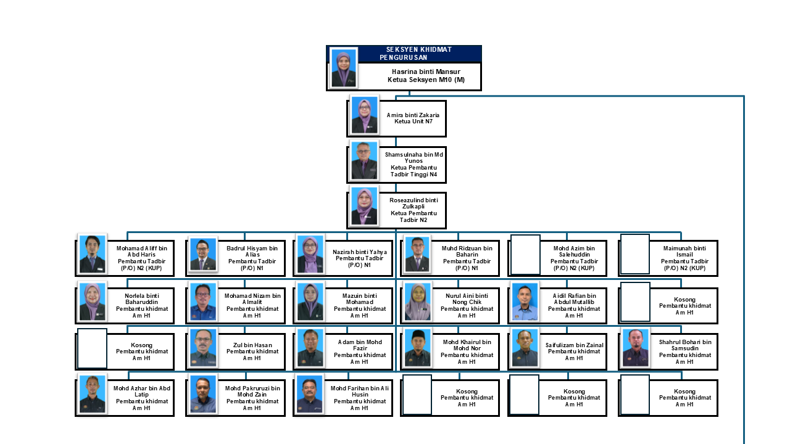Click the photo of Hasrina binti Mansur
(343, 68)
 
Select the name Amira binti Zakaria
(413, 115)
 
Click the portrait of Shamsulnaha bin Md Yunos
(364, 161)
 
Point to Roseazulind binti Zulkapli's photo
(364, 207)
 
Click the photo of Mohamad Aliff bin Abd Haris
(92, 253)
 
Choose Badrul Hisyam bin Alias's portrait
(202, 254)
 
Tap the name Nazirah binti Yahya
(360, 252)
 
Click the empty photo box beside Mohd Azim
(525, 254)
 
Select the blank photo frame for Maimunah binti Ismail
(635, 254)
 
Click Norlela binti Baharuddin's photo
(92, 302)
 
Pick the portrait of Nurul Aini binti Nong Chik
(417, 302)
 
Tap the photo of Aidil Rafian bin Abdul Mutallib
(525, 302)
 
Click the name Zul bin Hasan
(252, 345)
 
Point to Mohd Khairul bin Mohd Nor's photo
(417, 348)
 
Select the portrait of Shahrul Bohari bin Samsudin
(635, 348)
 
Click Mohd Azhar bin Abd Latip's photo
(92, 394)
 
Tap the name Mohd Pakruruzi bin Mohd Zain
(252, 391)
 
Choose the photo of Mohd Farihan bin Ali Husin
(309, 394)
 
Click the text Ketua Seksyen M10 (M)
(426, 80)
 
